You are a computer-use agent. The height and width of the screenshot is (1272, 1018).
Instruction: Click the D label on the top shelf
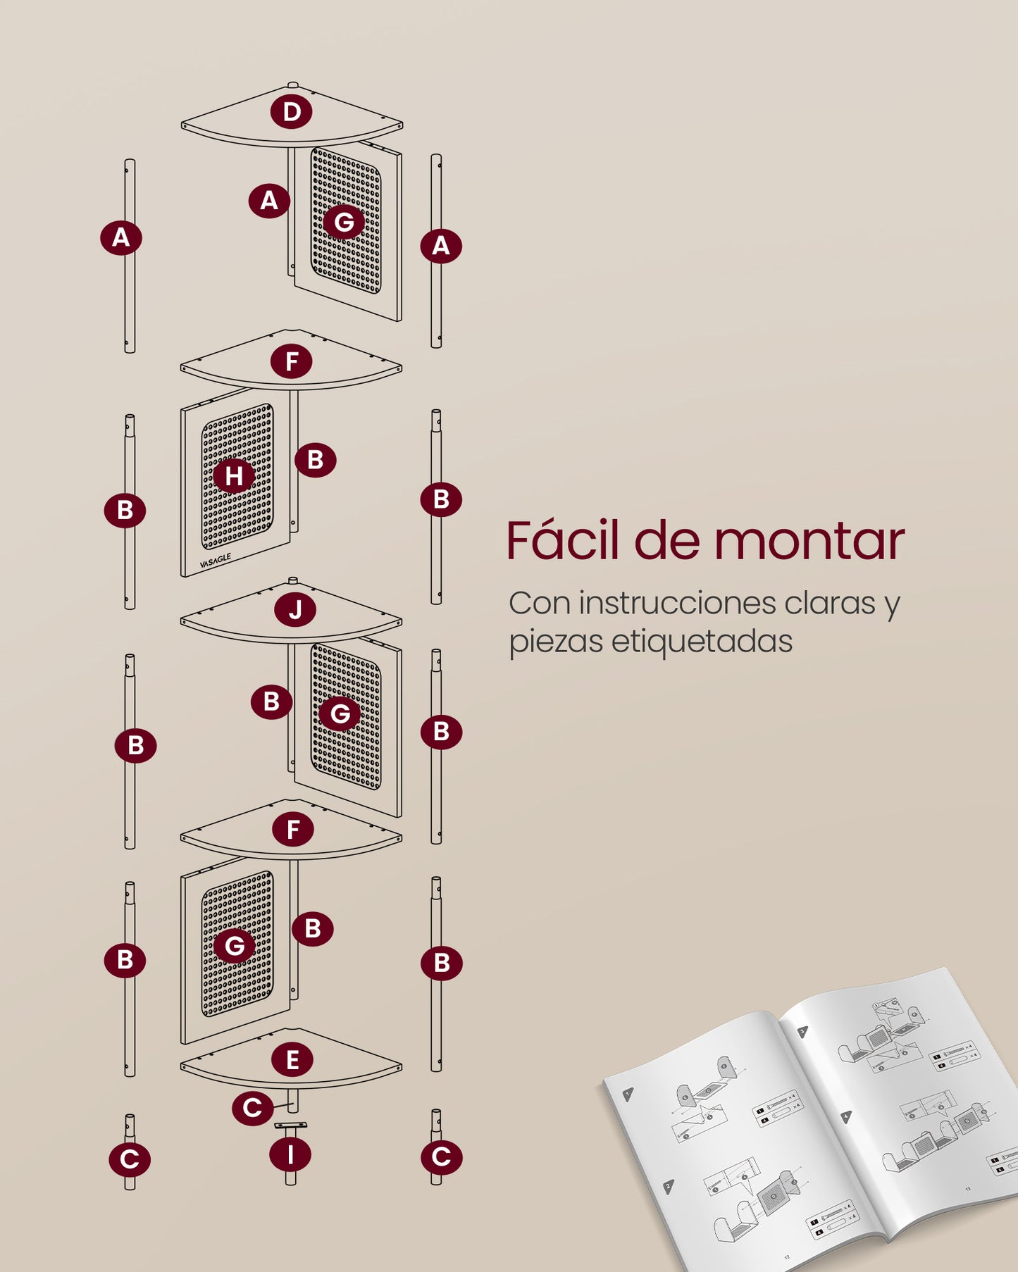(292, 111)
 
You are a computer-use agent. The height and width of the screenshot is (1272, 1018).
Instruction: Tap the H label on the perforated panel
(234, 476)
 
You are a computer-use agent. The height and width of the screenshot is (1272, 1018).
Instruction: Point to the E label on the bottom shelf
(293, 1059)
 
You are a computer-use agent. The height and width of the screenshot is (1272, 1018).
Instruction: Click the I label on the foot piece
(290, 1155)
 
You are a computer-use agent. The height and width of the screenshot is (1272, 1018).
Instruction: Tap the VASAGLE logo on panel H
(215, 561)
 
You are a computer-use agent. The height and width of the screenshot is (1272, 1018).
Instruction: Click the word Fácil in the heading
(561, 541)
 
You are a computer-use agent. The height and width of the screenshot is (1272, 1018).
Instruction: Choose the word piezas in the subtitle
(554, 642)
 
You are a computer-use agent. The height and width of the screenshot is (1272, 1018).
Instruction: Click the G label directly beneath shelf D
(344, 222)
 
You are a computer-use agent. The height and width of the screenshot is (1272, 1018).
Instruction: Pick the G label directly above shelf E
(235, 945)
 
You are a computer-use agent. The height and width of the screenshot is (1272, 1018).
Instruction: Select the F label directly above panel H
(292, 362)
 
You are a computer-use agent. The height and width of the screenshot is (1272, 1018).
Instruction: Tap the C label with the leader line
(252, 1108)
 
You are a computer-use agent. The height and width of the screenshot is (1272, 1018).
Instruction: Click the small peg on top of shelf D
(292, 85)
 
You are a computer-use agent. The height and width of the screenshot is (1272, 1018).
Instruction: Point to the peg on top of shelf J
(294, 580)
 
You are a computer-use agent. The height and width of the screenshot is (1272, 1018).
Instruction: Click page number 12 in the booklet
(787, 1257)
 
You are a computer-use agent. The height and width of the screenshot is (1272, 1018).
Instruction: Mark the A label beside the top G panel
(269, 201)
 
